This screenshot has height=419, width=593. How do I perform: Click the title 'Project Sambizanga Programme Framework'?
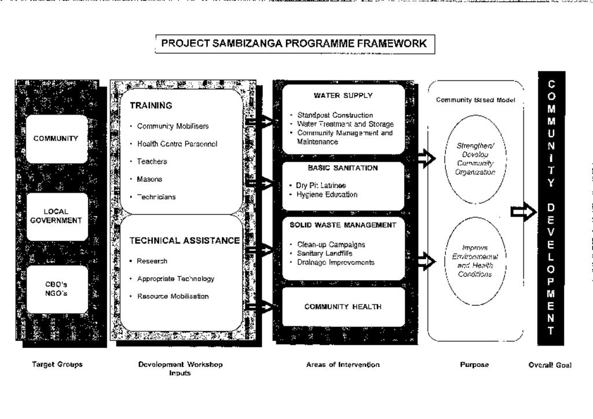point(294,43)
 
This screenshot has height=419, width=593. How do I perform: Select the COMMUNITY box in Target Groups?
point(56,139)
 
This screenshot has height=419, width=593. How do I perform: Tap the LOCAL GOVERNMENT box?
point(56,216)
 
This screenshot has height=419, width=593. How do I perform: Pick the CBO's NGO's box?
point(56,289)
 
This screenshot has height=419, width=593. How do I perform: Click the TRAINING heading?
point(151,106)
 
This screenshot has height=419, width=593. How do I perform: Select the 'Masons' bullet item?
point(149,179)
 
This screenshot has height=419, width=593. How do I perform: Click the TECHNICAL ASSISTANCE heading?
point(184,240)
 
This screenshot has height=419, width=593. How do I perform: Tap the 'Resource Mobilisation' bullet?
point(173,296)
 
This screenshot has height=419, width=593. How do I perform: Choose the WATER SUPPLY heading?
point(343,95)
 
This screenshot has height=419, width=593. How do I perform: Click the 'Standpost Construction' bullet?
point(335,115)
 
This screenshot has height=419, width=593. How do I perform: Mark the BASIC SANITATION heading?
point(343,168)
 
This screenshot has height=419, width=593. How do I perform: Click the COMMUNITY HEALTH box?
point(343,307)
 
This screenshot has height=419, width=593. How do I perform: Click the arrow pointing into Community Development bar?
point(524,212)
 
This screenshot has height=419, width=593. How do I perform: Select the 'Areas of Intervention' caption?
point(343,365)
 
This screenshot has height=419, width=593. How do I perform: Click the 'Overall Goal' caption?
point(550,365)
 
